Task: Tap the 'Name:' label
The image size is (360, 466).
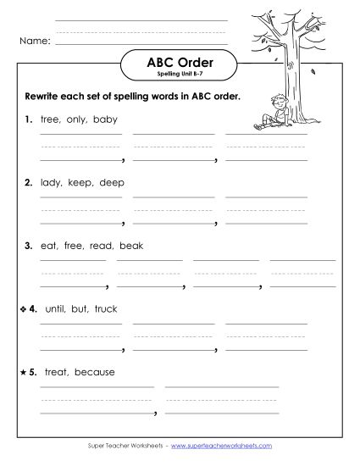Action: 35,40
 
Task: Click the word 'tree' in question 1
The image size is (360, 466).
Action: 49,119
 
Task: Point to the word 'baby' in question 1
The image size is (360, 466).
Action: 106,119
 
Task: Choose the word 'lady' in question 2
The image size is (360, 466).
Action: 50,182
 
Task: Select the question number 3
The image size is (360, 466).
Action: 28,246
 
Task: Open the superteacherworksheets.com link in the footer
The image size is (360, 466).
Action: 226,445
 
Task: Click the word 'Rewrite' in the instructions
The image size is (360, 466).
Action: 42,96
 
